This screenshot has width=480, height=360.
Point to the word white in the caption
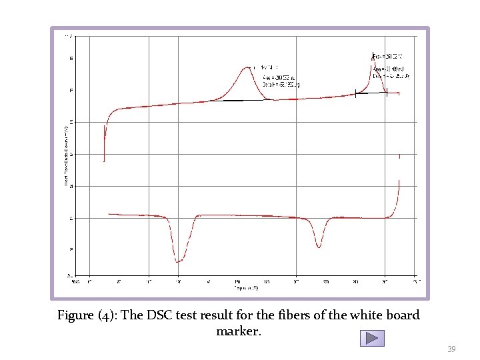pos(357,315)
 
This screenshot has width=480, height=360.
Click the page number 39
pos(451,349)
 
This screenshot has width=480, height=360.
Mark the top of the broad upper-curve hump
pos(247,67)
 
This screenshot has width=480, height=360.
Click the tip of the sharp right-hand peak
pos(371,54)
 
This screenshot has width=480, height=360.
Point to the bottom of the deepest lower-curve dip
pos(178,262)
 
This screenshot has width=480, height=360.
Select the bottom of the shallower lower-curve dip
pos(319,247)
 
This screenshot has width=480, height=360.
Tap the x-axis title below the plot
pos(245,288)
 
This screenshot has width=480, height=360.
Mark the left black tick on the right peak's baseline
pos(356,94)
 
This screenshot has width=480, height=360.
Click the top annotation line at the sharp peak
pos(387,55)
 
